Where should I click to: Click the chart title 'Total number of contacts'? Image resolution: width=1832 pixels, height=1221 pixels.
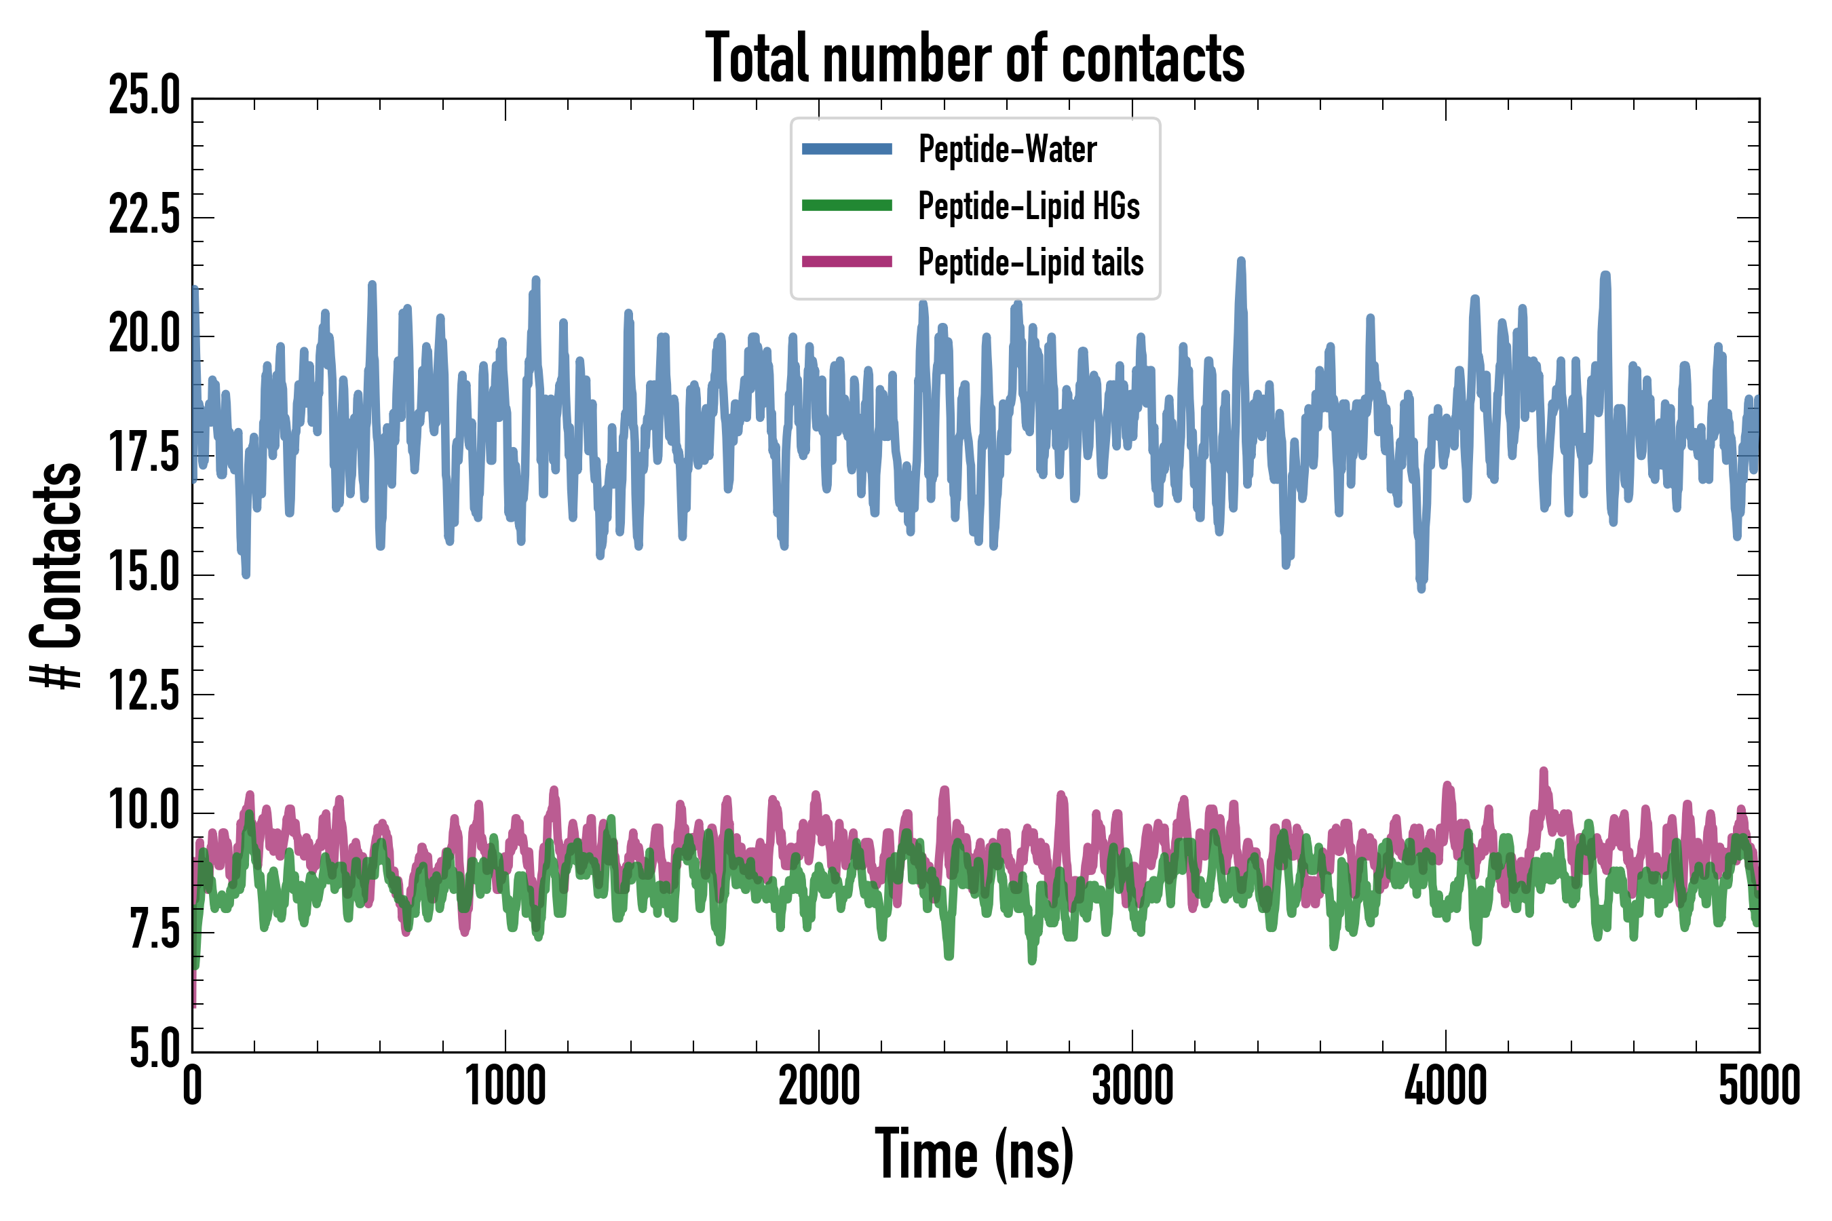pyautogui.click(x=974, y=58)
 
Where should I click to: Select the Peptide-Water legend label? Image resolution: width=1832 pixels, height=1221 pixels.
pyautogui.click(x=1007, y=149)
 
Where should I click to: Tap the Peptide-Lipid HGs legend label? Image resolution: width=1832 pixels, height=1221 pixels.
pyautogui.click(x=1028, y=206)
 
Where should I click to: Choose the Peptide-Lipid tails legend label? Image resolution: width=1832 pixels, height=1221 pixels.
pyautogui.click(x=1031, y=263)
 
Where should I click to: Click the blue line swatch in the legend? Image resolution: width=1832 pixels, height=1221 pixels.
pyautogui.click(x=847, y=149)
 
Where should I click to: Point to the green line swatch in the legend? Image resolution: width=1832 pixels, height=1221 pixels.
pyautogui.click(x=847, y=206)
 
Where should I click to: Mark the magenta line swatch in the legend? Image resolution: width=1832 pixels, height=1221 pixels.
pyautogui.click(x=847, y=262)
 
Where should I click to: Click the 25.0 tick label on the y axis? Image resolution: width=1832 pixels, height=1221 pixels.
pyautogui.click(x=144, y=96)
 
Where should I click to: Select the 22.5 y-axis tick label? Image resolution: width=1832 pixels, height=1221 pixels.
pyautogui.click(x=144, y=216)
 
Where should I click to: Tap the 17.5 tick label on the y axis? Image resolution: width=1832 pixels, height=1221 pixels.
pyautogui.click(x=144, y=454)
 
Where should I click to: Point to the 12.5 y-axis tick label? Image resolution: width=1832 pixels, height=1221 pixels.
pyautogui.click(x=144, y=693)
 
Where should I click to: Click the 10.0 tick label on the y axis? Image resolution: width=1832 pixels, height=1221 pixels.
pyautogui.click(x=144, y=811)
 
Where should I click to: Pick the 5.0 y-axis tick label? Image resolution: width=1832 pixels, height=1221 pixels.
pyautogui.click(x=154, y=1048)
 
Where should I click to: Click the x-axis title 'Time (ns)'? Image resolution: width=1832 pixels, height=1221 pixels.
pyautogui.click(x=974, y=1155)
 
